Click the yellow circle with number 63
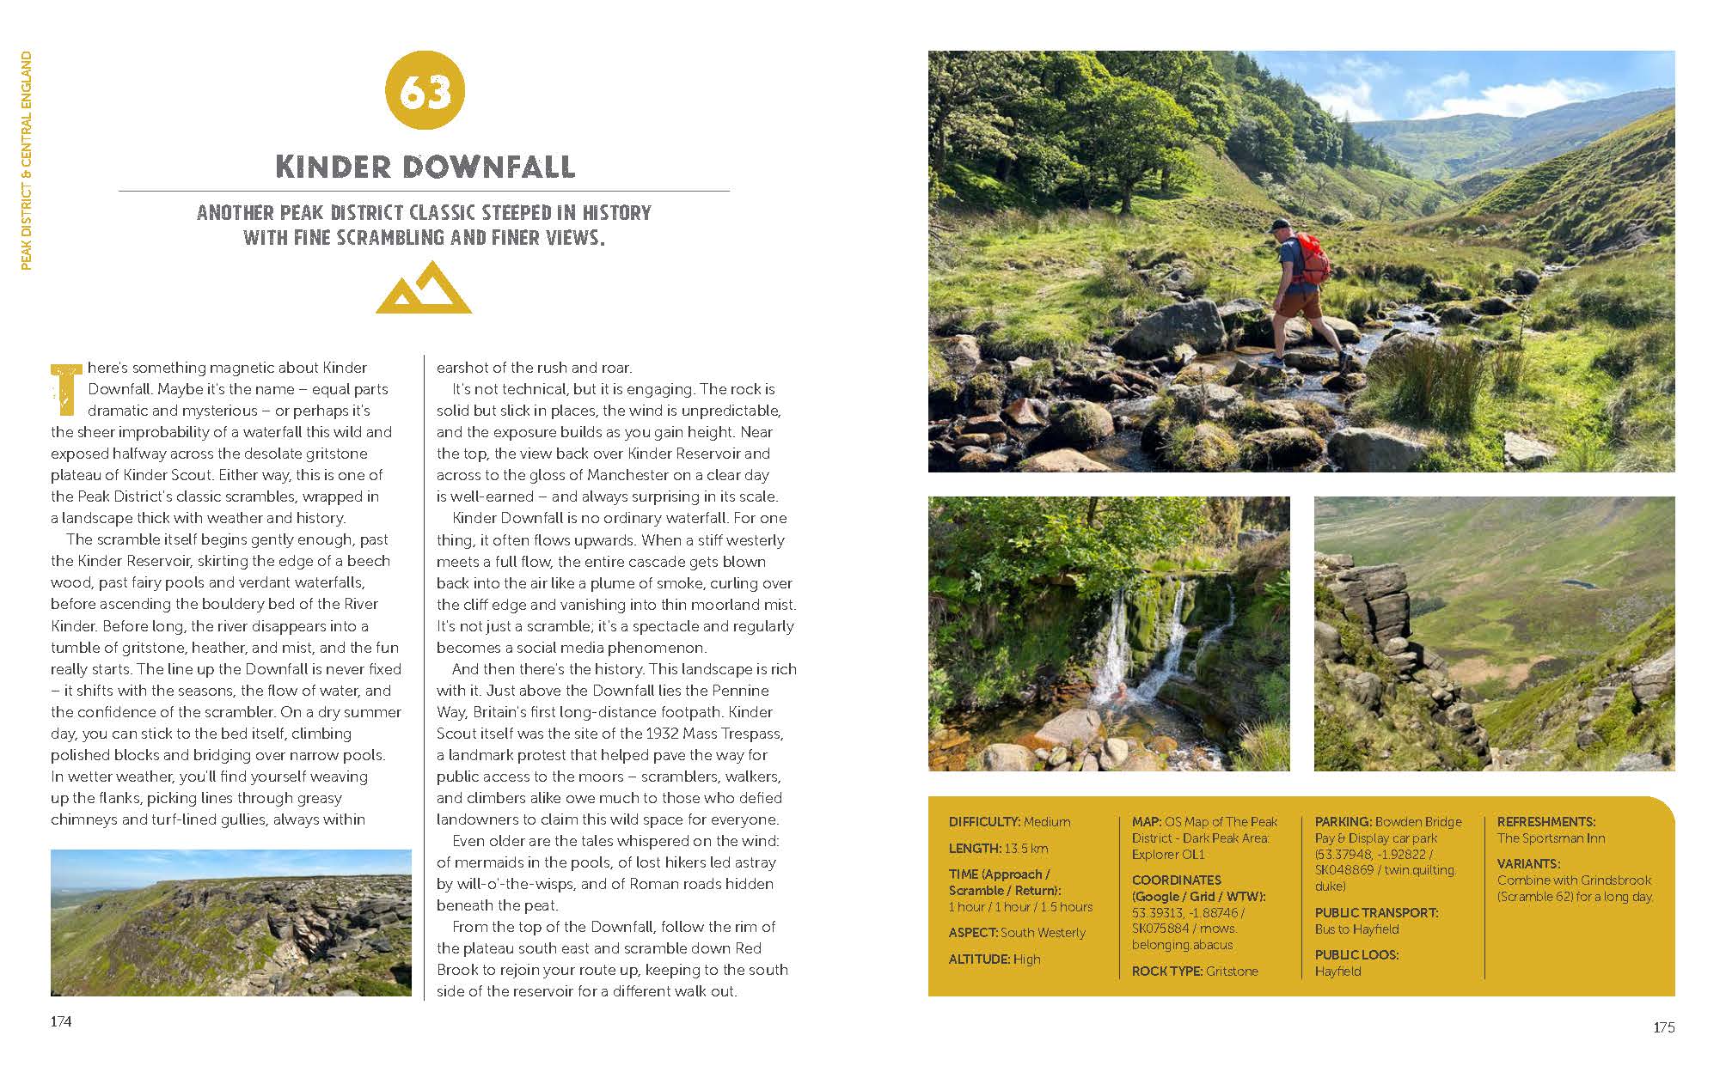click(425, 91)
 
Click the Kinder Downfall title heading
click(425, 166)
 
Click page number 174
click(61, 1021)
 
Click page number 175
click(1663, 1027)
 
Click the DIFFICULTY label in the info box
click(984, 822)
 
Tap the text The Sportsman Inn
click(1551, 838)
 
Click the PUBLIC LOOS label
click(1356, 955)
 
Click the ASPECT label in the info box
click(973, 933)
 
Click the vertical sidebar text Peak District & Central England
click(27, 161)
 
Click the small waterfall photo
click(1108, 633)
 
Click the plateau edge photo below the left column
click(230, 923)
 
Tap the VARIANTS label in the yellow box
click(1527, 864)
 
